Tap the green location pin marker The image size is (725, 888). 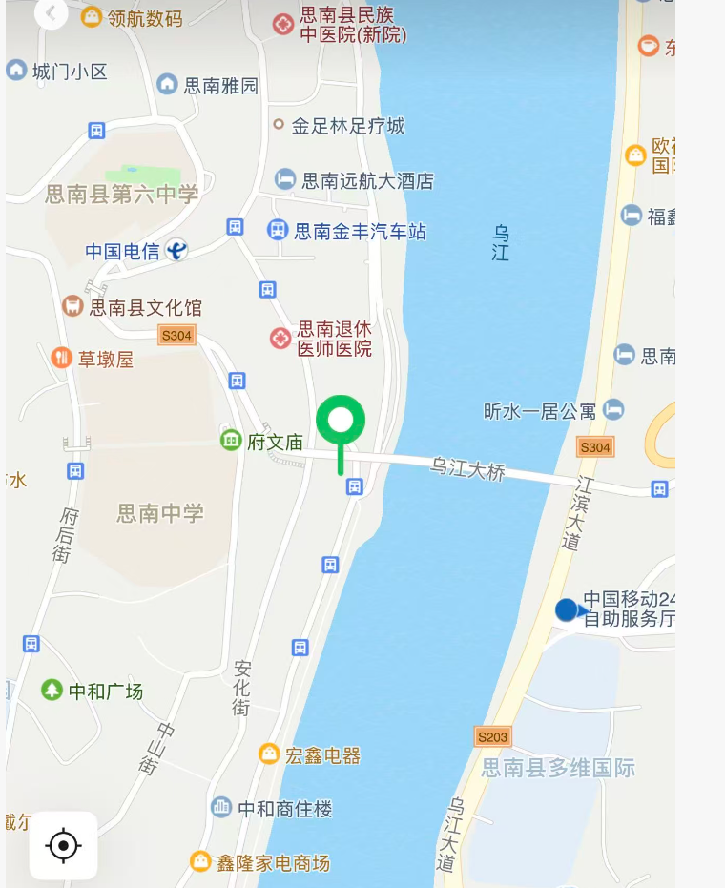click(x=341, y=422)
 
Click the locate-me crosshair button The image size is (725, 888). click(x=63, y=845)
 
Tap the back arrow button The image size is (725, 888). click(x=51, y=13)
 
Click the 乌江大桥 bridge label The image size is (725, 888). click(x=467, y=469)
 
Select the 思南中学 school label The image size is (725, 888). click(x=160, y=513)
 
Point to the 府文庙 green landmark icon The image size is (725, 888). click(x=231, y=440)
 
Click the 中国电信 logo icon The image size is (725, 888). click(x=176, y=250)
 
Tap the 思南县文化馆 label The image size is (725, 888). click(x=145, y=307)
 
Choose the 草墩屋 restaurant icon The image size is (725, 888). click(x=62, y=358)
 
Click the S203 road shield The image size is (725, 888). click(x=492, y=736)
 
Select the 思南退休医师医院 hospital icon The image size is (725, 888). click(x=280, y=339)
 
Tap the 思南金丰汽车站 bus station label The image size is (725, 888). click(x=361, y=231)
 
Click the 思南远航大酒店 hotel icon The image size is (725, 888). click(x=285, y=179)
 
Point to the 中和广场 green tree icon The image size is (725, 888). click(x=52, y=690)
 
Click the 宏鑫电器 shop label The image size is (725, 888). click(x=323, y=755)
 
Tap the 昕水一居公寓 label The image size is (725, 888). click(x=540, y=411)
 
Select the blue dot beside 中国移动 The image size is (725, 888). click(x=567, y=609)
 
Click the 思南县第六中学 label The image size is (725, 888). click(x=122, y=195)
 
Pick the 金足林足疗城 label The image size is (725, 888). click(x=348, y=125)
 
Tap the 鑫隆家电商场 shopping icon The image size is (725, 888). click(x=200, y=861)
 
